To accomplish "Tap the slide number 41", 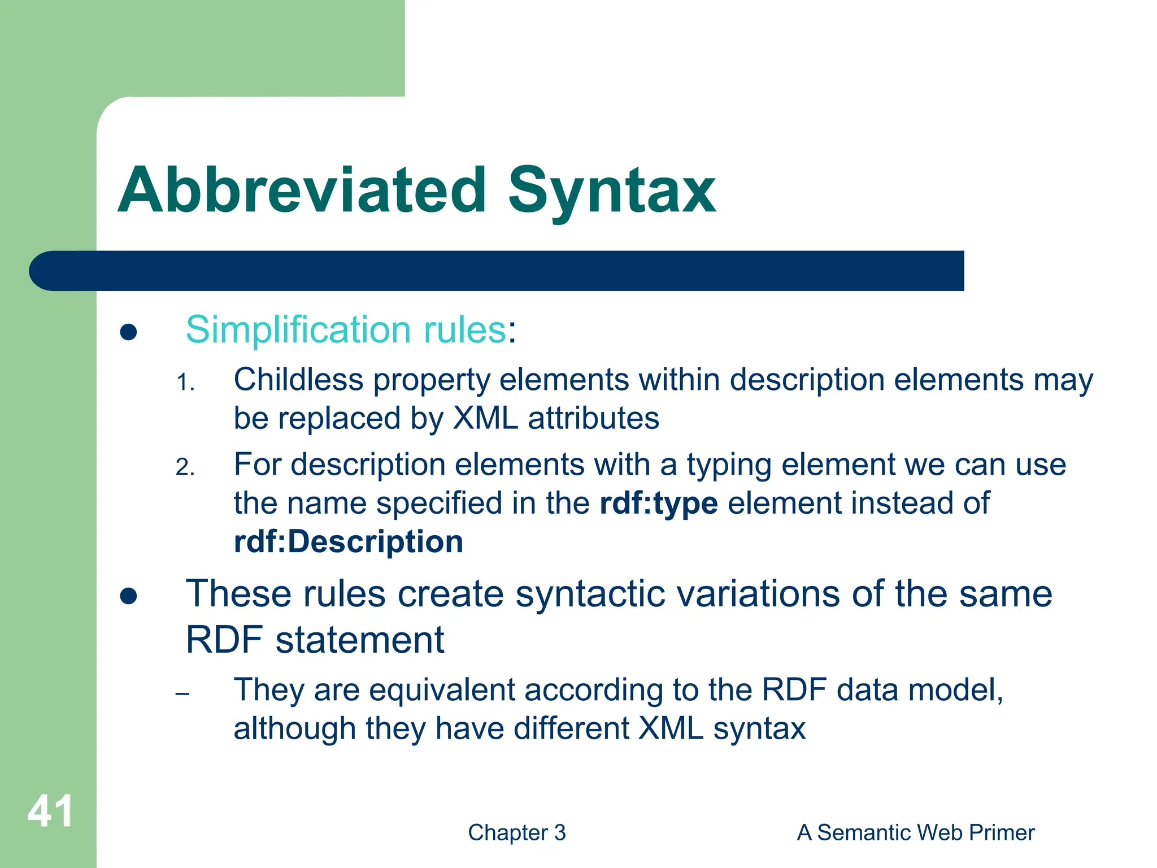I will tap(50, 811).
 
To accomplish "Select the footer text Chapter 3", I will tap(516, 832).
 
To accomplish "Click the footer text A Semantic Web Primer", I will tap(915, 832).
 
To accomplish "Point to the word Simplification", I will tap(298, 329).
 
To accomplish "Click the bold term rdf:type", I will tap(658, 503).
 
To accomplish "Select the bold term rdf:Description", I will tap(349, 541).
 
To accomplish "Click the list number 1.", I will tap(185, 383).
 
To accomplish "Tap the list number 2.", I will tap(185, 467).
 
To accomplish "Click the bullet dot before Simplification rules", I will tap(129, 332).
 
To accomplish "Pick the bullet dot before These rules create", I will tap(129, 596).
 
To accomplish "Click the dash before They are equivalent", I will tap(182, 693).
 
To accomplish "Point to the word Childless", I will tap(298, 379).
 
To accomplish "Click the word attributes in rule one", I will tap(593, 419).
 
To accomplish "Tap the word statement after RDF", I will tap(360, 640).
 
